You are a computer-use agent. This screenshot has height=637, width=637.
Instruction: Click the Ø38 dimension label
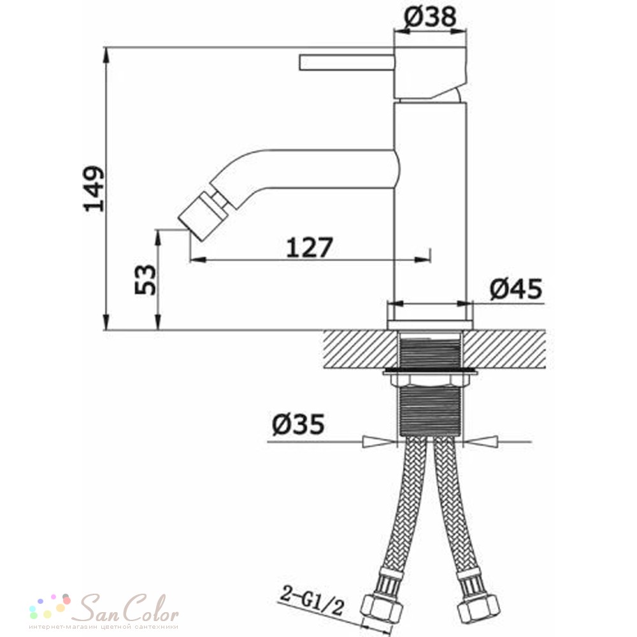click(431, 17)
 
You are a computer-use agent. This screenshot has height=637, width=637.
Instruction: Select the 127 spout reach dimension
click(310, 248)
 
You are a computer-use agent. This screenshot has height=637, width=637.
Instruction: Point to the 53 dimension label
click(145, 280)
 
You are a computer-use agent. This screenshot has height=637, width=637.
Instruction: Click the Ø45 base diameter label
click(516, 289)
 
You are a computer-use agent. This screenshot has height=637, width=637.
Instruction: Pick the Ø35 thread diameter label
click(298, 424)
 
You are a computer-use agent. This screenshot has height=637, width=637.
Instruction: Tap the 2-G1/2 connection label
click(312, 601)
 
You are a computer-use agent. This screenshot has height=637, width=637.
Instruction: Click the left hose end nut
click(382, 610)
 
